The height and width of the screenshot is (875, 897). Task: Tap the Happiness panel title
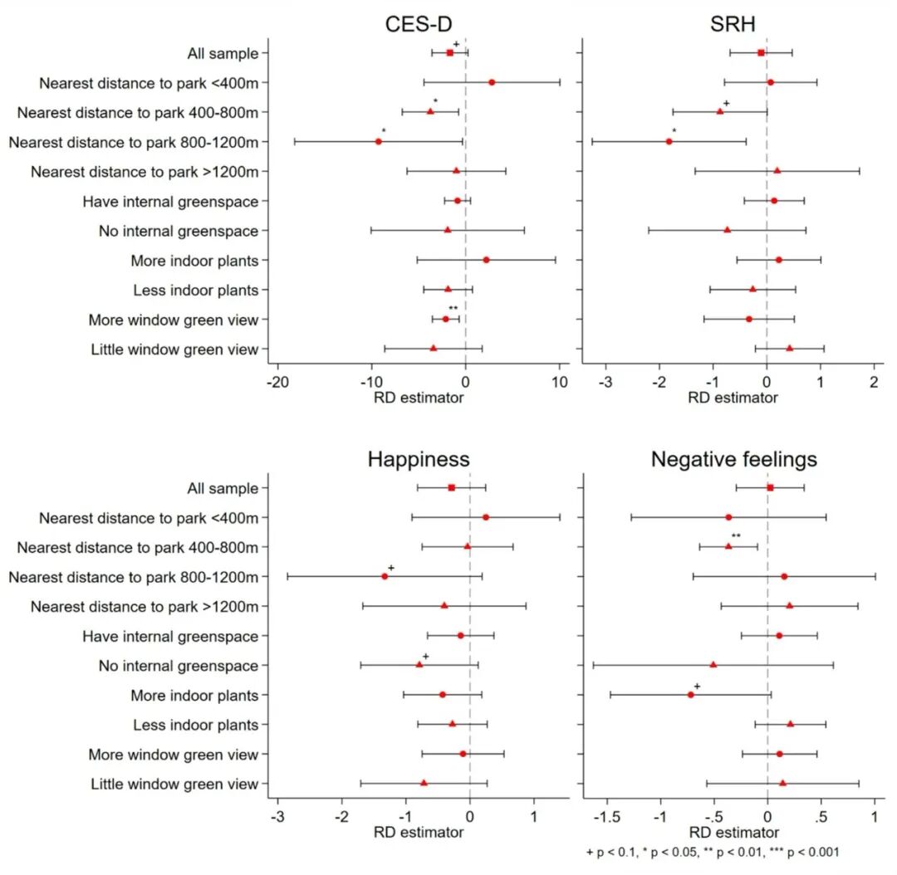click(419, 459)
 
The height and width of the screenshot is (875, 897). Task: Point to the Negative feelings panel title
click(733, 459)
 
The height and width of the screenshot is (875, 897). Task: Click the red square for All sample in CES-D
click(450, 52)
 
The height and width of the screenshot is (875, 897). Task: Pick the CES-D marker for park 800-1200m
click(379, 141)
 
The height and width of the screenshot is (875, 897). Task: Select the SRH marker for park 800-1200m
click(669, 141)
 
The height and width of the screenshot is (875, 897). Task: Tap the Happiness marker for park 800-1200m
click(385, 576)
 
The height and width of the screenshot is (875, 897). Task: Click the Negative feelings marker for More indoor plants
click(691, 694)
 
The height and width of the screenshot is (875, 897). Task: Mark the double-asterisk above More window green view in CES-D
click(453, 308)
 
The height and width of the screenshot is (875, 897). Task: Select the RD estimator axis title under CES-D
click(419, 398)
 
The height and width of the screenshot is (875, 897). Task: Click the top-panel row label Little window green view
click(174, 350)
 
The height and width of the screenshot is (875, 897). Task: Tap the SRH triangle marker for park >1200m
click(777, 170)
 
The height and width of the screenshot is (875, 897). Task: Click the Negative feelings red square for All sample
click(770, 487)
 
